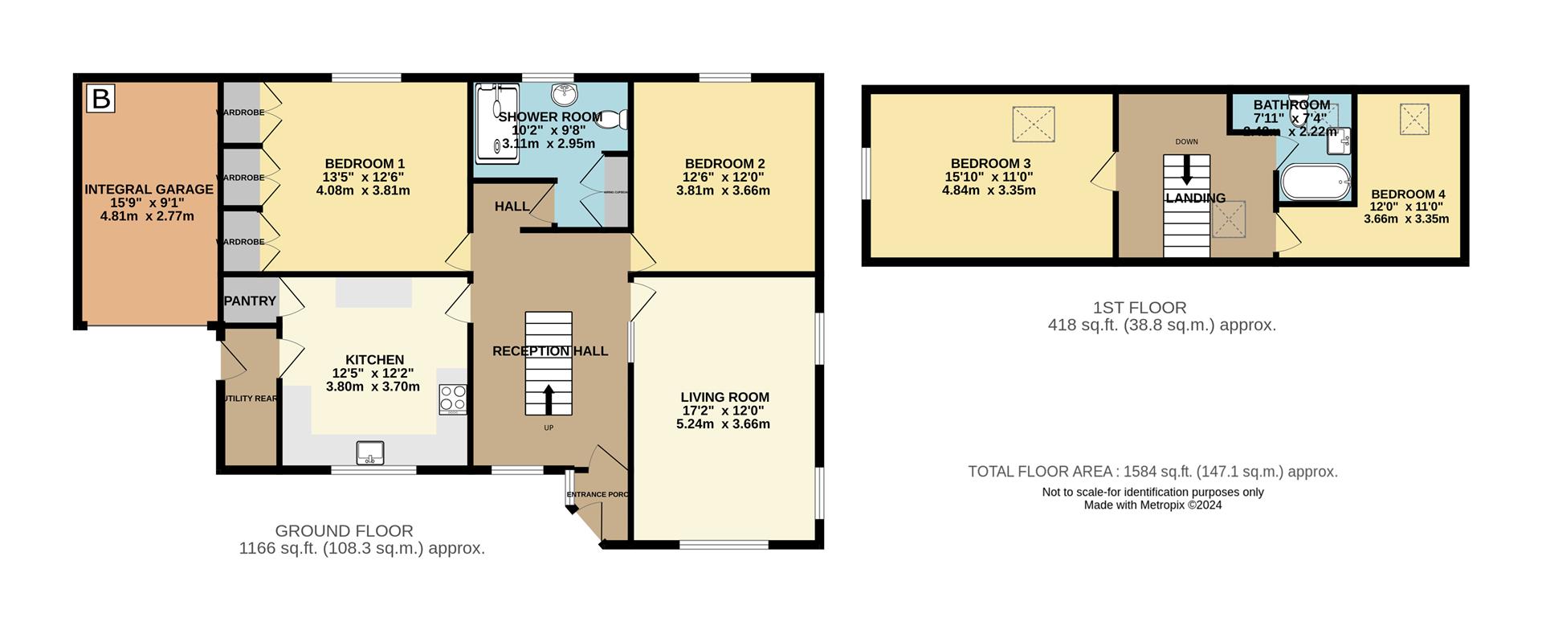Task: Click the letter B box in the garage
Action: tap(101, 99)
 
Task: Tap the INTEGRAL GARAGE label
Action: tap(149, 190)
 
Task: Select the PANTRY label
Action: tap(251, 301)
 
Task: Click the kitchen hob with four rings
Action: tap(453, 399)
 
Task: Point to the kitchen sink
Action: tap(370, 453)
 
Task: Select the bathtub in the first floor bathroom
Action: tap(1314, 182)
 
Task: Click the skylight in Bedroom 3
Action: tap(1033, 125)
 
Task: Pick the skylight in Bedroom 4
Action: tap(1415, 118)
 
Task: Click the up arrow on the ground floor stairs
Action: tap(549, 398)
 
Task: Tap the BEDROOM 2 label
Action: tap(724, 164)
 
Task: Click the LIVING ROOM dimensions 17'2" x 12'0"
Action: tap(724, 410)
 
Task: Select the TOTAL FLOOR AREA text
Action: tap(1152, 472)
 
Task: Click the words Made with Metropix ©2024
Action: tap(1152, 505)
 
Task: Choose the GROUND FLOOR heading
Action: tap(344, 531)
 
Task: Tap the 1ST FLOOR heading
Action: tap(1139, 307)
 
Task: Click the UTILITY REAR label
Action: tap(250, 399)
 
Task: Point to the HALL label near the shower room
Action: tap(511, 207)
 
